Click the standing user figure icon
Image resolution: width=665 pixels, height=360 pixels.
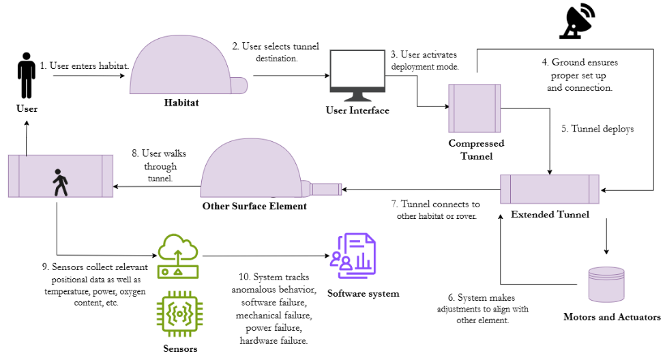click(x=27, y=76)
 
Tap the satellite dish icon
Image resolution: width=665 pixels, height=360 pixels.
click(x=577, y=20)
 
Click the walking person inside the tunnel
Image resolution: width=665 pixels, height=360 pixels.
click(x=60, y=183)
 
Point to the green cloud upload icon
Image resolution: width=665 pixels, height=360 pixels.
click(x=178, y=256)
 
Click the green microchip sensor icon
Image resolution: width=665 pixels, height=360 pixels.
click(x=179, y=314)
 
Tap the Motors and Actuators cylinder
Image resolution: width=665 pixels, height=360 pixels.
click(x=606, y=284)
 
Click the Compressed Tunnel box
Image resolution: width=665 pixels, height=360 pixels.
click(x=475, y=108)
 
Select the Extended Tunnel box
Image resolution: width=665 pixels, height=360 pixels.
click(x=550, y=189)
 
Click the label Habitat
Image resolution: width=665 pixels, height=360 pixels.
click(x=181, y=103)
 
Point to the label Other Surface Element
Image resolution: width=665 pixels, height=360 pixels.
click(x=254, y=206)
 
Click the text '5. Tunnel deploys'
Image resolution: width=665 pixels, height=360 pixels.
click(x=597, y=128)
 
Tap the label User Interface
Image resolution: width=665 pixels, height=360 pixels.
click(x=357, y=110)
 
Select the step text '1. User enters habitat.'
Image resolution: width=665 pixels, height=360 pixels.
click(x=85, y=65)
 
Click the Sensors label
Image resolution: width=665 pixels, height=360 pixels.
click(x=180, y=349)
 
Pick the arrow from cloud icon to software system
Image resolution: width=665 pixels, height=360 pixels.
click(x=266, y=256)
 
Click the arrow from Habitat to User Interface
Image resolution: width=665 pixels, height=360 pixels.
click(x=291, y=76)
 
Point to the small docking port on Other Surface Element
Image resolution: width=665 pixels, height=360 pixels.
click(x=325, y=189)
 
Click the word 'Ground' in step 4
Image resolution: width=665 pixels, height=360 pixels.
click(x=569, y=62)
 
